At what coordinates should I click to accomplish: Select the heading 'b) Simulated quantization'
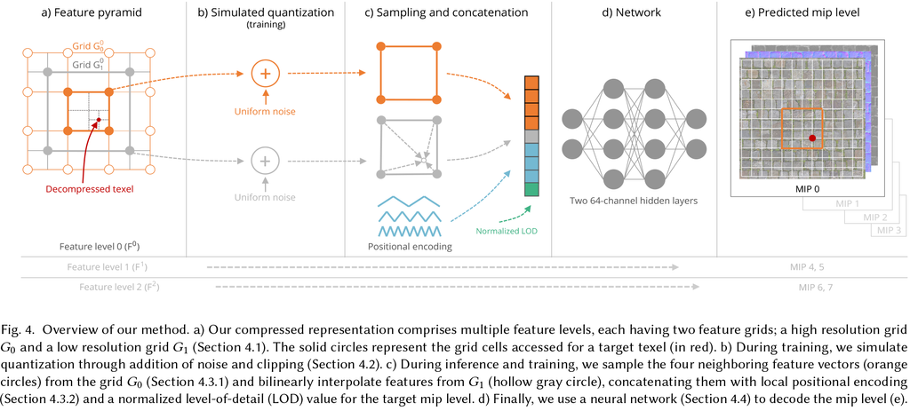click(x=266, y=13)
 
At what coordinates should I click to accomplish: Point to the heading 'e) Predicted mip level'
click(x=809, y=13)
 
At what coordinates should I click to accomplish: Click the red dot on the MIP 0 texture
click(x=811, y=138)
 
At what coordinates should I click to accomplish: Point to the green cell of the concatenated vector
click(x=531, y=189)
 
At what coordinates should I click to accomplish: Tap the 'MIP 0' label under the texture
click(x=807, y=189)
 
